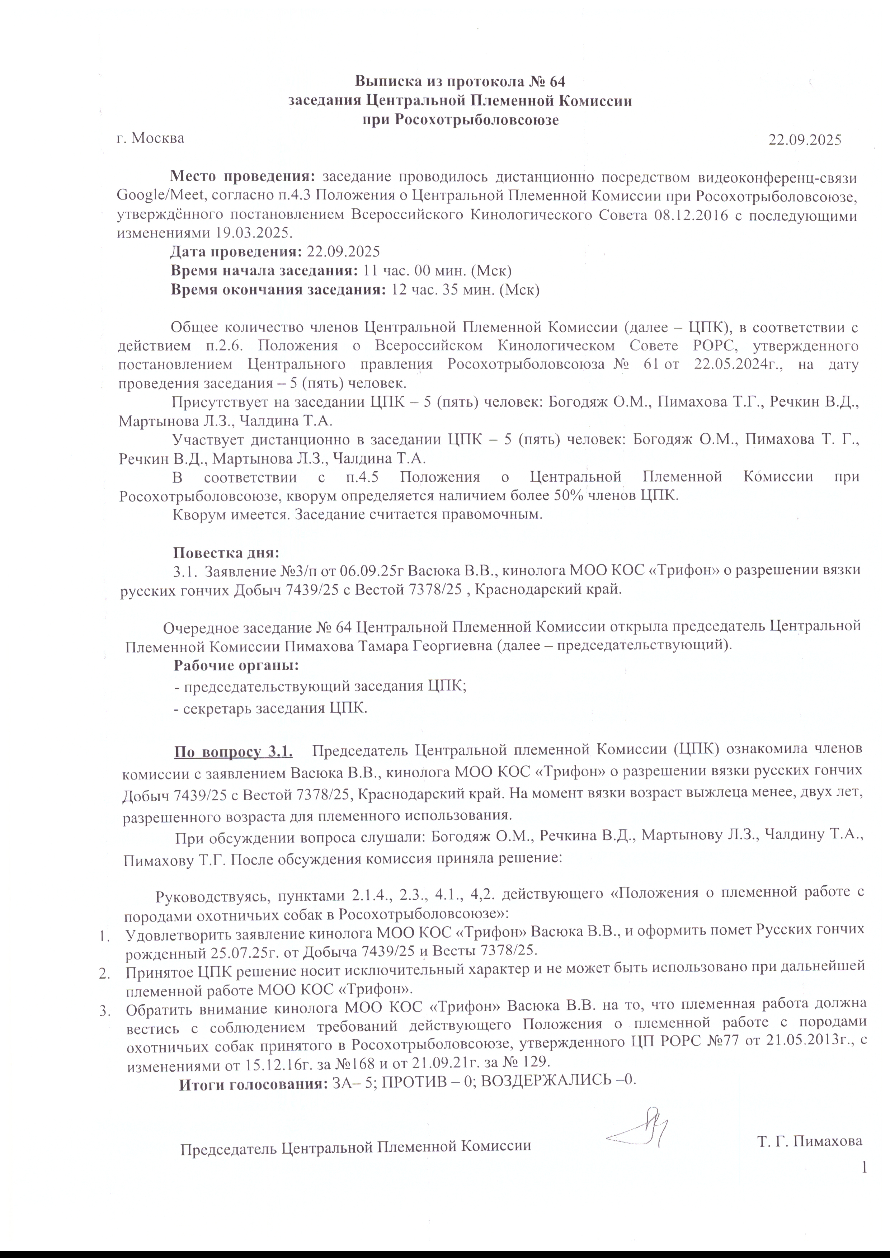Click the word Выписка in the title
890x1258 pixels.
coord(391,82)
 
